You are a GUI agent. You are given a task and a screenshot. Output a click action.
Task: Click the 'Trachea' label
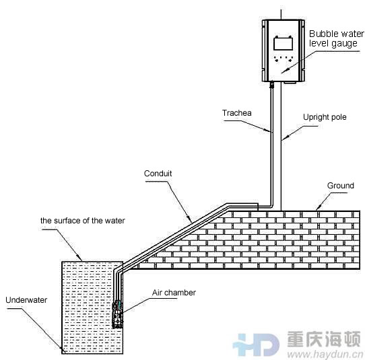[x=237, y=113]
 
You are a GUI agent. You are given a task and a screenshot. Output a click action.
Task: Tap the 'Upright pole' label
[x=325, y=117]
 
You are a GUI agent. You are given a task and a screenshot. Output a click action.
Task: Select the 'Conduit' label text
[x=158, y=174]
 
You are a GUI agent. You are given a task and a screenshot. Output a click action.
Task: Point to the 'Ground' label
[x=341, y=186]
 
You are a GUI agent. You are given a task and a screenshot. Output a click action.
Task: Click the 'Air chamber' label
[x=174, y=293]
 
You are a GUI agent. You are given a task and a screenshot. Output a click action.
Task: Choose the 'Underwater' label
[x=26, y=300]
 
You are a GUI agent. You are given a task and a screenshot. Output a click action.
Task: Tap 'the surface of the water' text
[x=83, y=221]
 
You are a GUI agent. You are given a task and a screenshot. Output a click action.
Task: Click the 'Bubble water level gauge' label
[x=337, y=38]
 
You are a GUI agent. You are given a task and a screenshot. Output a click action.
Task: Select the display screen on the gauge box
[x=283, y=44]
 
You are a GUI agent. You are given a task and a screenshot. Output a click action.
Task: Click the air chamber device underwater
[x=118, y=314]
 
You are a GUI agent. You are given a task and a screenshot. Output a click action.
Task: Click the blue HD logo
[x=256, y=345]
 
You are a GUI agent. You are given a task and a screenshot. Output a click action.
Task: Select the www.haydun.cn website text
[x=325, y=354]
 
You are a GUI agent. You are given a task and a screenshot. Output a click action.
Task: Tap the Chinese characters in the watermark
[x=324, y=339]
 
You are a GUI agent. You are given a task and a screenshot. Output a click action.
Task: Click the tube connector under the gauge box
[x=271, y=85]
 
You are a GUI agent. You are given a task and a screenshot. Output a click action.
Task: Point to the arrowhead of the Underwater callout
[x=62, y=348]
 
